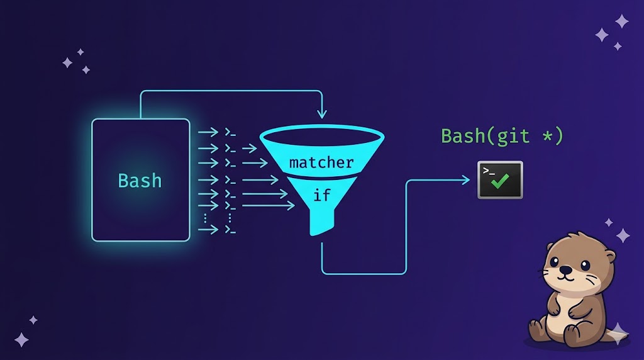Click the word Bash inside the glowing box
coord(140,181)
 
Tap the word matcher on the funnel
coord(321,163)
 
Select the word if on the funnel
coord(321,195)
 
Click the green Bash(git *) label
coord(502,136)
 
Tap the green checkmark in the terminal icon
coord(501,182)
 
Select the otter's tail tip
coord(619,334)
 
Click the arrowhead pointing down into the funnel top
coord(322,115)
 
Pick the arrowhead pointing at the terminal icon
coord(466,181)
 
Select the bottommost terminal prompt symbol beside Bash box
coord(231,230)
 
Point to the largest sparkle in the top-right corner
coord(621,21)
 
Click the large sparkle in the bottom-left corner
coord(22,340)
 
